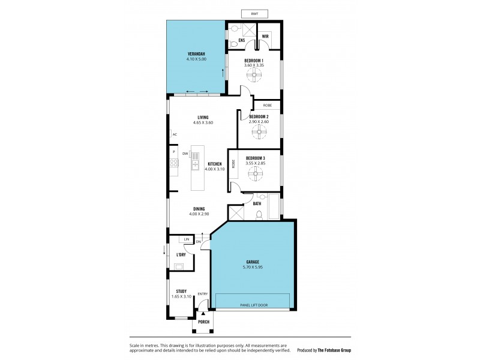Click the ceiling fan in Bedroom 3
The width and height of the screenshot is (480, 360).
[x=257, y=175]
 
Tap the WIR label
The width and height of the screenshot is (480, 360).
[x=265, y=36]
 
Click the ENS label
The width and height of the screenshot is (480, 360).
[x=241, y=40]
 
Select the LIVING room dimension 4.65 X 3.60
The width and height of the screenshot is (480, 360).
[x=203, y=122]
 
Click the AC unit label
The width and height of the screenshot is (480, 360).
[x=174, y=134]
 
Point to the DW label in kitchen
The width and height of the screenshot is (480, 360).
[x=185, y=154]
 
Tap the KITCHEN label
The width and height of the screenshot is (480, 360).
[x=214, y=164]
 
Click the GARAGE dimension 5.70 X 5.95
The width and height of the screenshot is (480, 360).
[x=253, y=267]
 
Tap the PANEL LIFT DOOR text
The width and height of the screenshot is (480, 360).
[x=253, y=305]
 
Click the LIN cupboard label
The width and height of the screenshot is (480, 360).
[x=187, y=240]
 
